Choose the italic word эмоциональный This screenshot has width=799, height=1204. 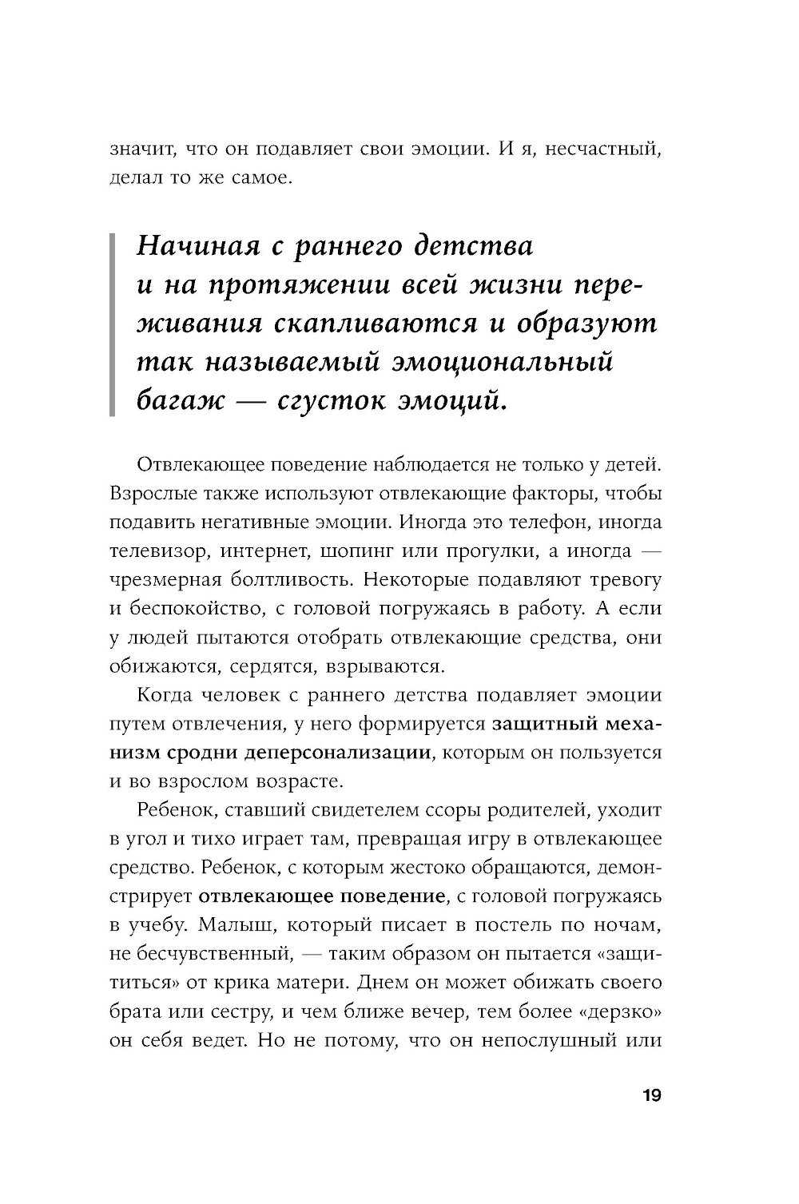(503, 361)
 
